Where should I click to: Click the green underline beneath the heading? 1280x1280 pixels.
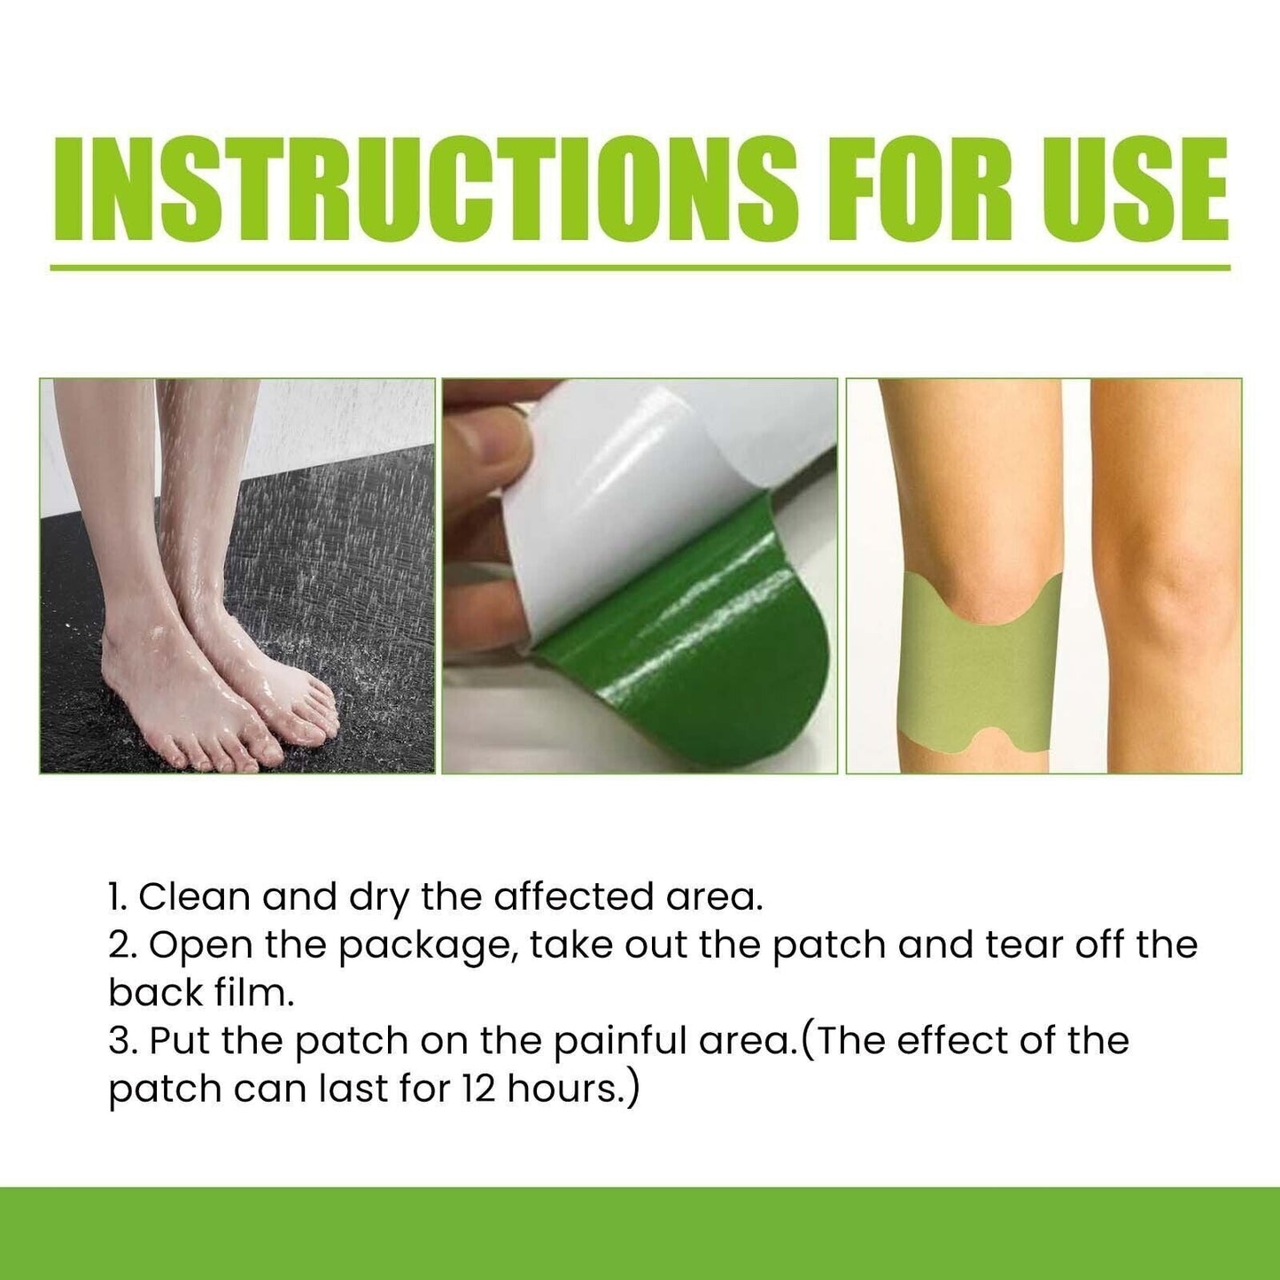(x=640, y=267)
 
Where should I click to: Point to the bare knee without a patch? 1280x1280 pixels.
(x=1160, y=576)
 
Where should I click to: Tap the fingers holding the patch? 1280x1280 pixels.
(x=483, y=461)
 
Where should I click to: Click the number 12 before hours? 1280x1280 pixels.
(x=477, y=1089)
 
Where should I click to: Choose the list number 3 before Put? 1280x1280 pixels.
(x=120, y=1041)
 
